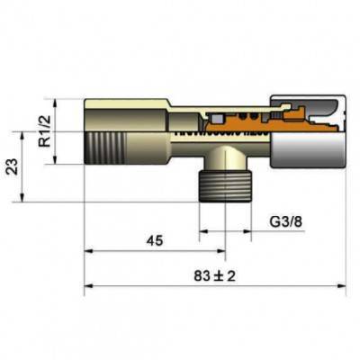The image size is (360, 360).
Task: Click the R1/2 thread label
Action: pyautogui.click(x=42, y=131)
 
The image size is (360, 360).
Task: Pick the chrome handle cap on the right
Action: pyautogui.click(x=315, y=131)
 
